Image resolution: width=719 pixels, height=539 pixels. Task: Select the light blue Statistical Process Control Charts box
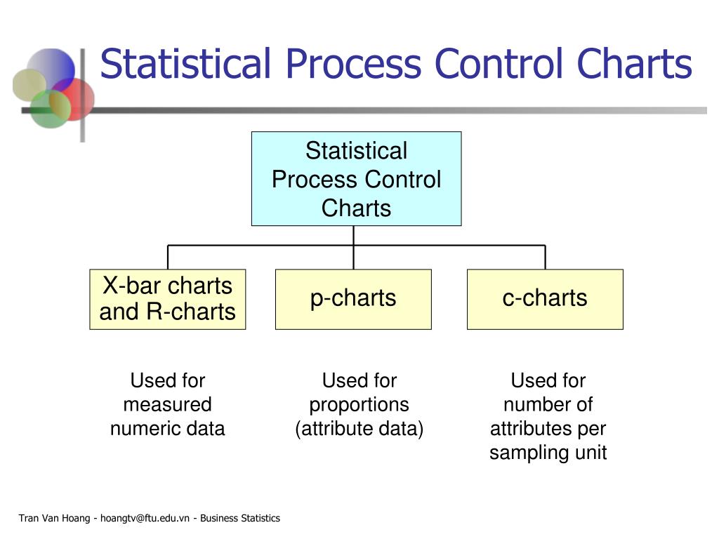click(x=356, y=179)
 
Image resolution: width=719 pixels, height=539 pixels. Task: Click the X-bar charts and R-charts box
click(x=168, y=299)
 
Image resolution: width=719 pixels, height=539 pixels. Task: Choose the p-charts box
click(x=354, y=299)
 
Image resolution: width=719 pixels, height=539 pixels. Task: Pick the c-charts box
click(x=545, y=299)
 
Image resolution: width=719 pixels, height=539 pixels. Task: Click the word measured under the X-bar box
click(x=168, y=405)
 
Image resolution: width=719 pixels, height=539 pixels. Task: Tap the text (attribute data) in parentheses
click(x=359, y=430)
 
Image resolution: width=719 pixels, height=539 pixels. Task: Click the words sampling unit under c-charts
click(x=548, y=453)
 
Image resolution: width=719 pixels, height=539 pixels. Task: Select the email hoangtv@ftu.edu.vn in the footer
click(x=145, y=519)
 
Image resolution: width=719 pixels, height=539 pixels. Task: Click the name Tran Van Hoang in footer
click(x=54, y=519)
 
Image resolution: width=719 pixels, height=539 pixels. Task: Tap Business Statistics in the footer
click(x=240, y=519)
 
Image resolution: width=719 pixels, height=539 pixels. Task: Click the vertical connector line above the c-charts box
click(x=545, y=257)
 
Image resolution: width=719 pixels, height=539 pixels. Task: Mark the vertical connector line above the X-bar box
click(x=168, y=257)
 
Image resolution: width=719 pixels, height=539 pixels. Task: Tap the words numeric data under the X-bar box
click(x=168, y=429)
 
